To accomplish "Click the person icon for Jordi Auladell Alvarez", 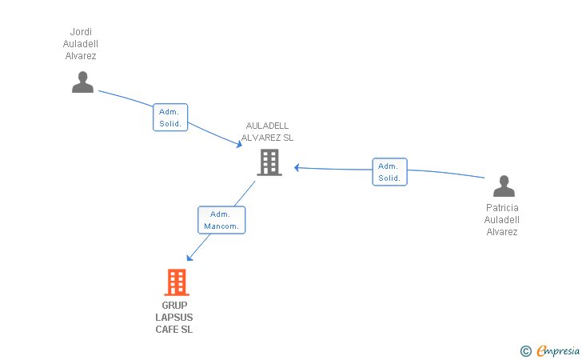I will [82, 82].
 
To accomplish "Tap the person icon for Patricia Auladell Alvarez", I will [504, 186].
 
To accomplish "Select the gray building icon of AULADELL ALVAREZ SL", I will [269, 162].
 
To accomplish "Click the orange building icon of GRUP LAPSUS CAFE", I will [177, 282].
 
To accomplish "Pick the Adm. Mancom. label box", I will [221, 220].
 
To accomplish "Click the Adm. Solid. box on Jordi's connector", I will [170, 118].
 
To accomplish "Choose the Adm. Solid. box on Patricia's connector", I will [389, 172].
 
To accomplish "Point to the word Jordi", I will [81, 32].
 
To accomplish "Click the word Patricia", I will [502, 208].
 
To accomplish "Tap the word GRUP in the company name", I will [174, 306].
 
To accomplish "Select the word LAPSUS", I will [174, 318].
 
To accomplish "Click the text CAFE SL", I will [174, 330].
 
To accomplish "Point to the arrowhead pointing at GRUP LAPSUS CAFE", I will [189, 258].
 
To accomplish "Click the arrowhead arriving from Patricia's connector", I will [297, 167].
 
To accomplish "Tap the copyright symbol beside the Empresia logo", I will [526, 350].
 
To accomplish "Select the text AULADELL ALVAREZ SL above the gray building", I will [268, 131].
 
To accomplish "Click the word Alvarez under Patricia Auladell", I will [502, 232].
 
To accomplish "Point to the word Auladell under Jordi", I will [81, 44].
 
